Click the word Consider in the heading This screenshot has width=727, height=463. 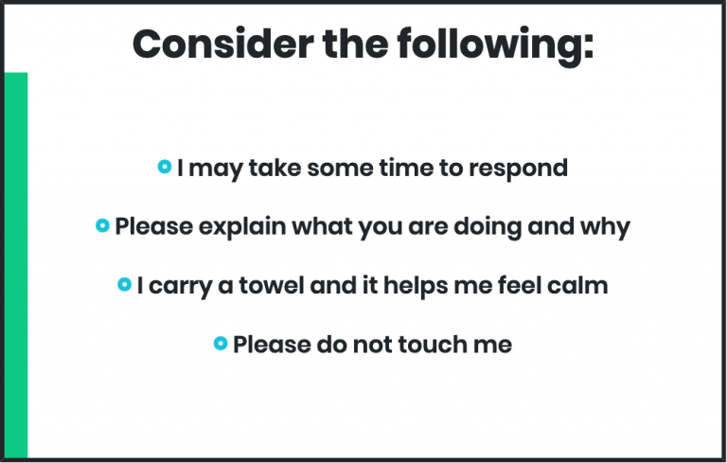point(223,45)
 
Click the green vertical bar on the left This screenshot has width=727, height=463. point(16,265)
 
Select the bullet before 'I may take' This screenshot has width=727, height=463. point(165,167)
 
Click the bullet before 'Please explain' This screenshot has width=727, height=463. point(102,225)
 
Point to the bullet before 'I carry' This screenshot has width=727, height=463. point(125,284)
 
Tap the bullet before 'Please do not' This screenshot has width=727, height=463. point(221,344)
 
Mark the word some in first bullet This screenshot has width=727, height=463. point(340,169)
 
